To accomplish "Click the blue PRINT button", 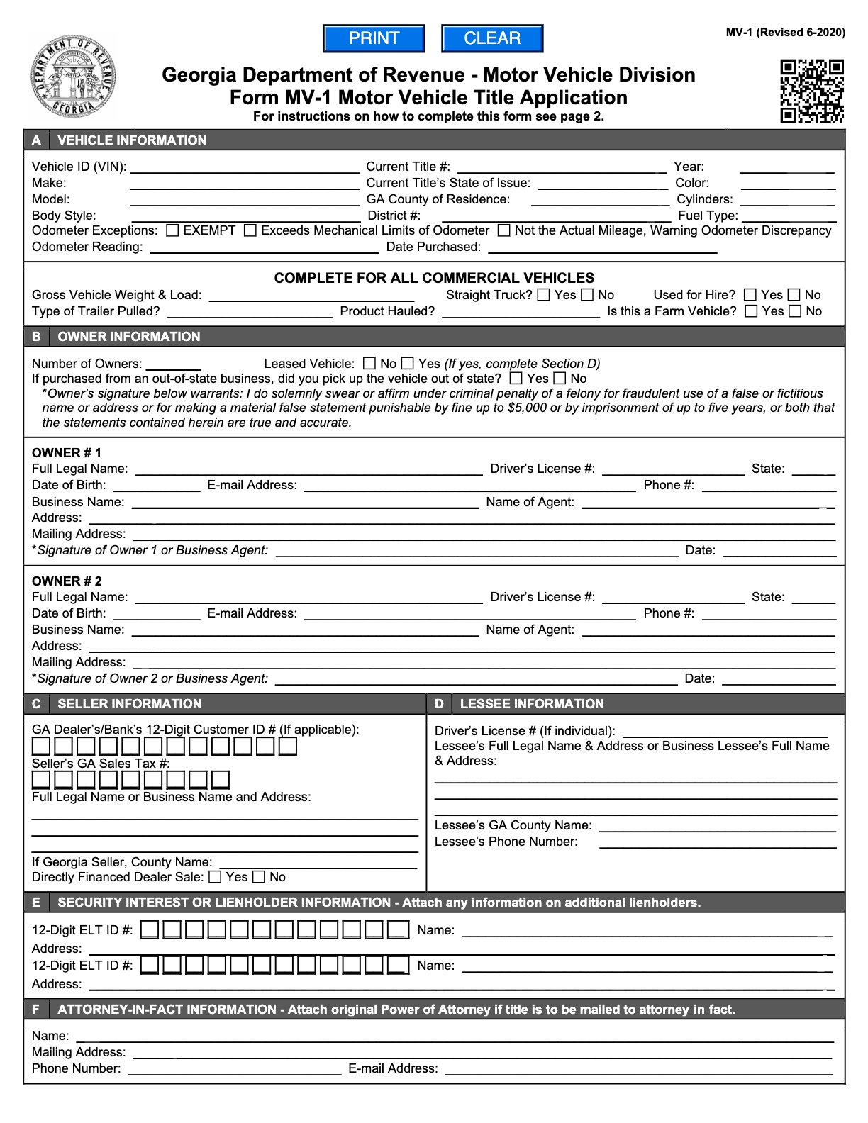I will [374, 38].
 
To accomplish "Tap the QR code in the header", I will [812, 91].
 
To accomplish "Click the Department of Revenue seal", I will [73, 78].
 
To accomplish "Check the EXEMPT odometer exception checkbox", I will [172, 230].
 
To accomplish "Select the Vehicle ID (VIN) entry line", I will [245, 167].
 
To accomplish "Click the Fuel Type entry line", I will [789, 216].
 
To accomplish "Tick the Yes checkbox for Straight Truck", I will [544, 295].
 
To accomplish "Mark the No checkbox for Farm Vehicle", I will [795, 311].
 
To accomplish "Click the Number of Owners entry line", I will [173, 364].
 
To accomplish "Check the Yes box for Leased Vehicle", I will [407, 364].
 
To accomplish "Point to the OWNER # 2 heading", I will [67, 581].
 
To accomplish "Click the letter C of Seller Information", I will [36, 704].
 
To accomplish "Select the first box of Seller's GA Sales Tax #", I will [41, 780].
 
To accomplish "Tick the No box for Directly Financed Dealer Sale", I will [259, 877].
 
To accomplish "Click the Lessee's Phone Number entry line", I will [717, 842].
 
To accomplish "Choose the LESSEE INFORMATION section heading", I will [532, 704].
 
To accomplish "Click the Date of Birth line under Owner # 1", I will [156, 486].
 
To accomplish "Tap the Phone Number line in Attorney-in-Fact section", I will [234, 1069].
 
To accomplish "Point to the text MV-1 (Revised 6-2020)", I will [785, 33].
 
